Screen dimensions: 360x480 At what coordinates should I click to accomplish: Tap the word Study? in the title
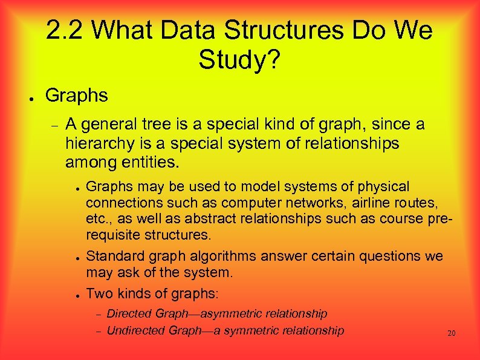click(x=239, y=59)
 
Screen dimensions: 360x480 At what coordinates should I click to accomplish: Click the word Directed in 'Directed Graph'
click(x=129, y=313)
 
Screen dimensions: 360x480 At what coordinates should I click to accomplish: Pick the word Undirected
click(x=136, y=330)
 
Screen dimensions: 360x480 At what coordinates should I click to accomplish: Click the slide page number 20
click(x=451, y=333)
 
